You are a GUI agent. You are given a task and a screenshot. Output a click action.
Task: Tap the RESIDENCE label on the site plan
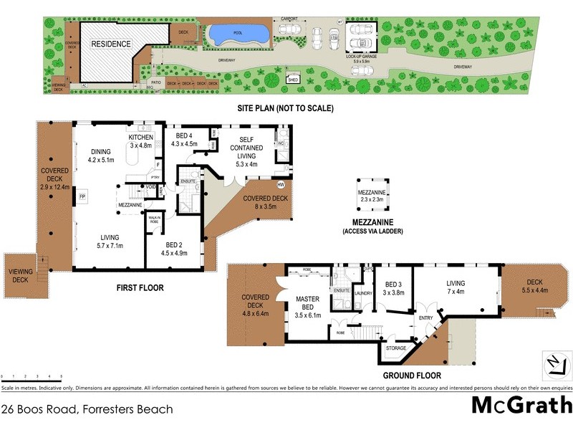tap(110, 44)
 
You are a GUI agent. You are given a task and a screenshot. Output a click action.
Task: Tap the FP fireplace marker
tap(82, 196)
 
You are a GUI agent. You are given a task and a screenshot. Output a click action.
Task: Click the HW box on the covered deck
tap(280, 183)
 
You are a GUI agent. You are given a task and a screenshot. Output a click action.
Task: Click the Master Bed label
tap(312, 306)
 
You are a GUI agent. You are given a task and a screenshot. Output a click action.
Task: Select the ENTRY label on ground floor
tap(425, 318)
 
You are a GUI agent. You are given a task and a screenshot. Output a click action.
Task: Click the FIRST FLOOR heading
tap(140, 288)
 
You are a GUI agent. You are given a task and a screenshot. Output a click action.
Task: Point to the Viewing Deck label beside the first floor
tap(18, 275)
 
